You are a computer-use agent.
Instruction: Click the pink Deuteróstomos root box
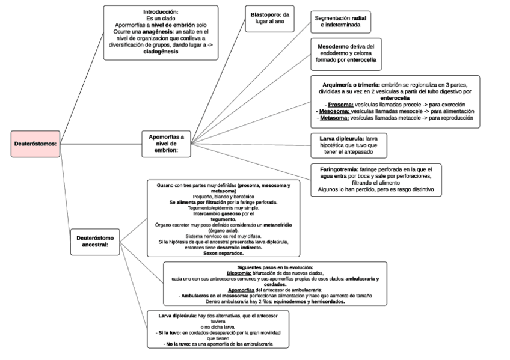tap(35, 144)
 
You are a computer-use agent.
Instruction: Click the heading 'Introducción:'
tap(161, 11)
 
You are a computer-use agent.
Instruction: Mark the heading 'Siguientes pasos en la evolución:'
tap(275, 267)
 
